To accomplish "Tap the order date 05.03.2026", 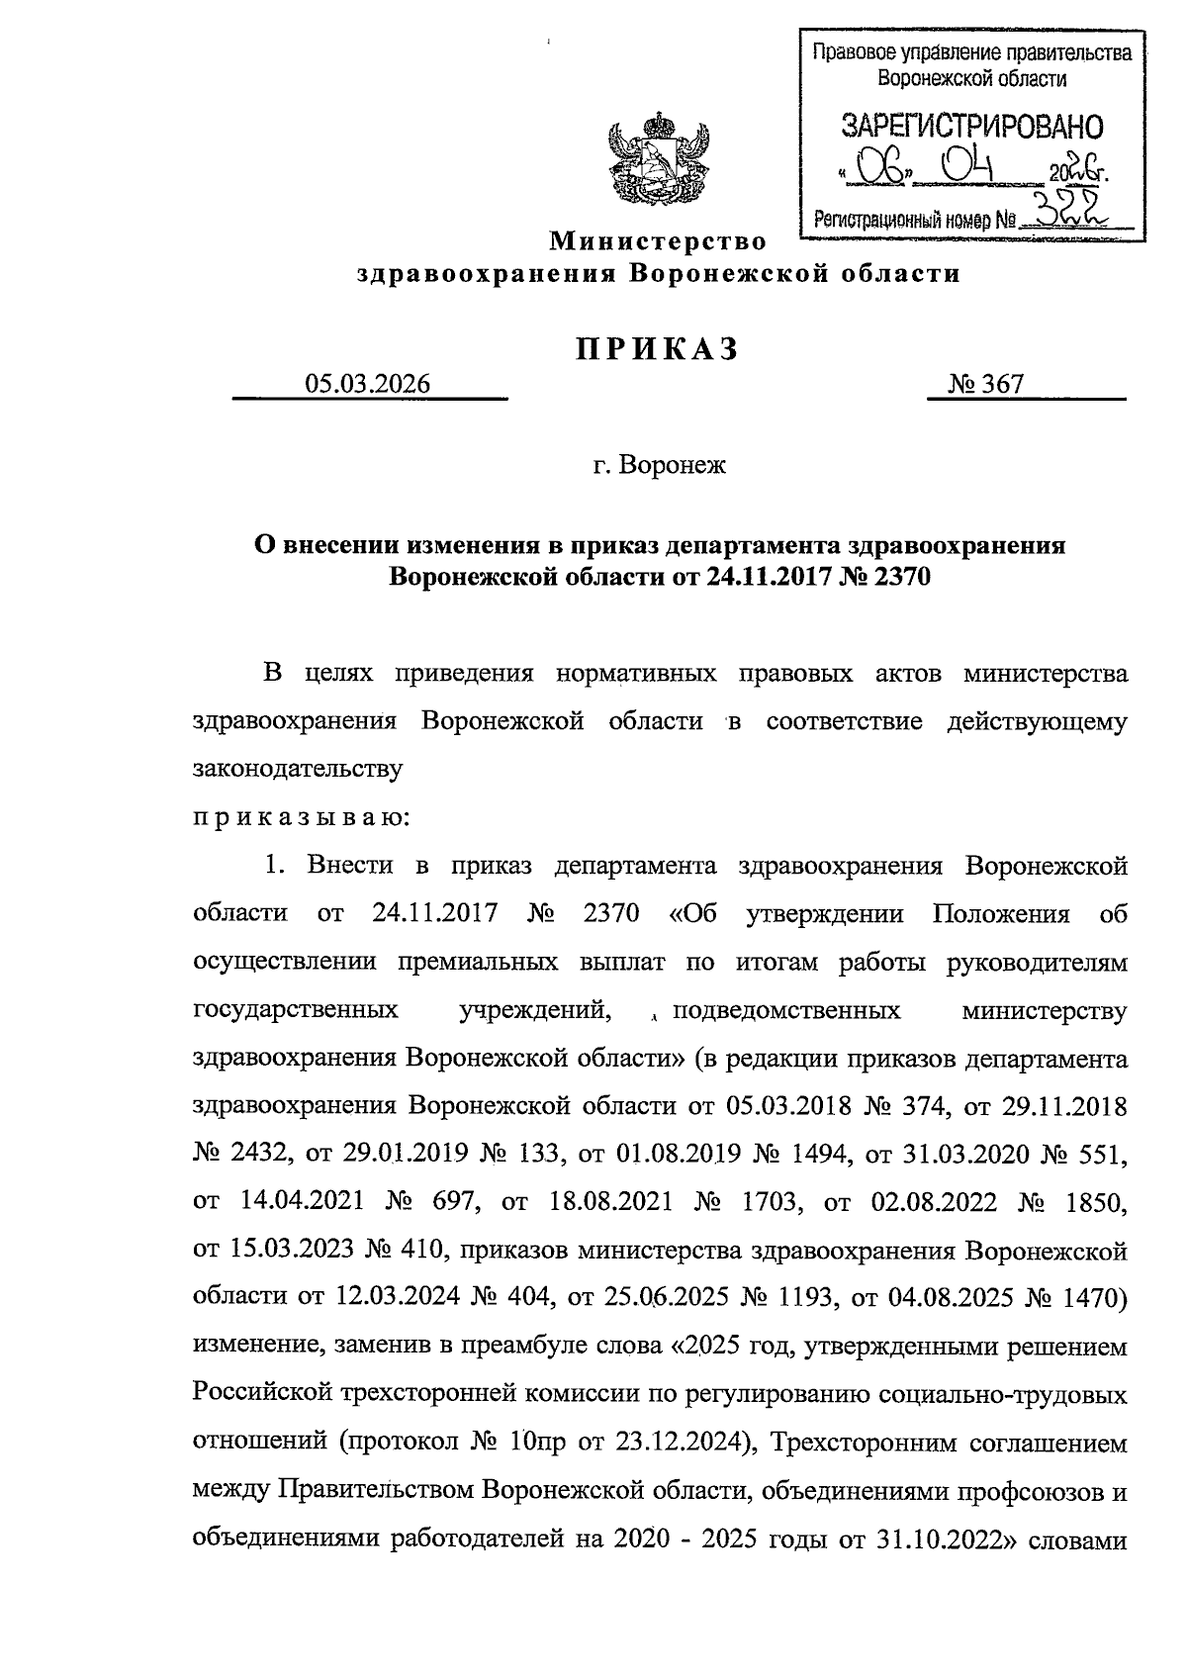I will [x=368, y=384].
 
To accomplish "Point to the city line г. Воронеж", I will [x=659, y=464].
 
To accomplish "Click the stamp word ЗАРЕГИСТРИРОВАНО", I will [x=971, y=127].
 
